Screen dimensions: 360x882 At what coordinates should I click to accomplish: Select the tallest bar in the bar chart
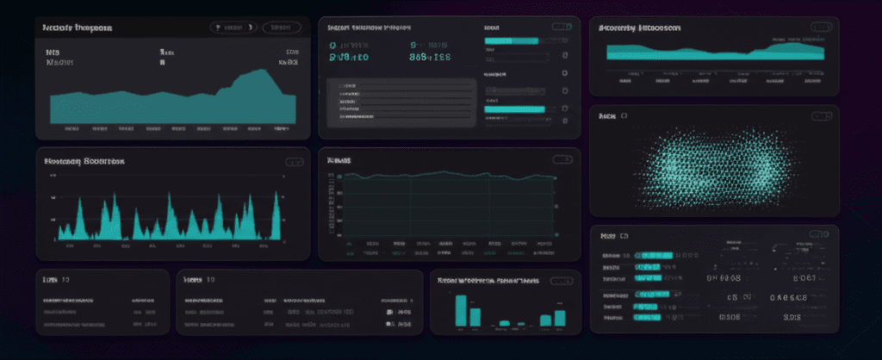(461, 310)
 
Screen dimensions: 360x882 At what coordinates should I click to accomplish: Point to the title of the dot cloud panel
(613, 115)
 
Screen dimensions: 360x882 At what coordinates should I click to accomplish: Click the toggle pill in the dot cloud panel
(821, 115)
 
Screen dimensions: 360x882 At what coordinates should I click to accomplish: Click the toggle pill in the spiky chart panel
(295, 161)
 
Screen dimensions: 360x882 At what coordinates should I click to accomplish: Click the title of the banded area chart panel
(640, 28)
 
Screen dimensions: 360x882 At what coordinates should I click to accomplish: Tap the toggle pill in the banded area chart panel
(821, 28)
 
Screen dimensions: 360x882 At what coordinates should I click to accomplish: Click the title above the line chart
(339, 160)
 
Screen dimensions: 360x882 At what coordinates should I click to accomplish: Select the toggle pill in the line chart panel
(562, 159)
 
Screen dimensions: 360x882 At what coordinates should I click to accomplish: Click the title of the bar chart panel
(488, 281)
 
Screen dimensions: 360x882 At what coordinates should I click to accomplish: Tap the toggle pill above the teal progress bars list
(562, 27)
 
